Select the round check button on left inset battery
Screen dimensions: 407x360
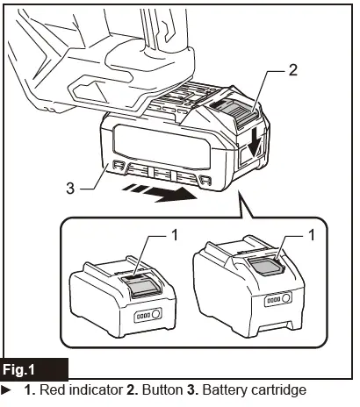click(x=155, y=314)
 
